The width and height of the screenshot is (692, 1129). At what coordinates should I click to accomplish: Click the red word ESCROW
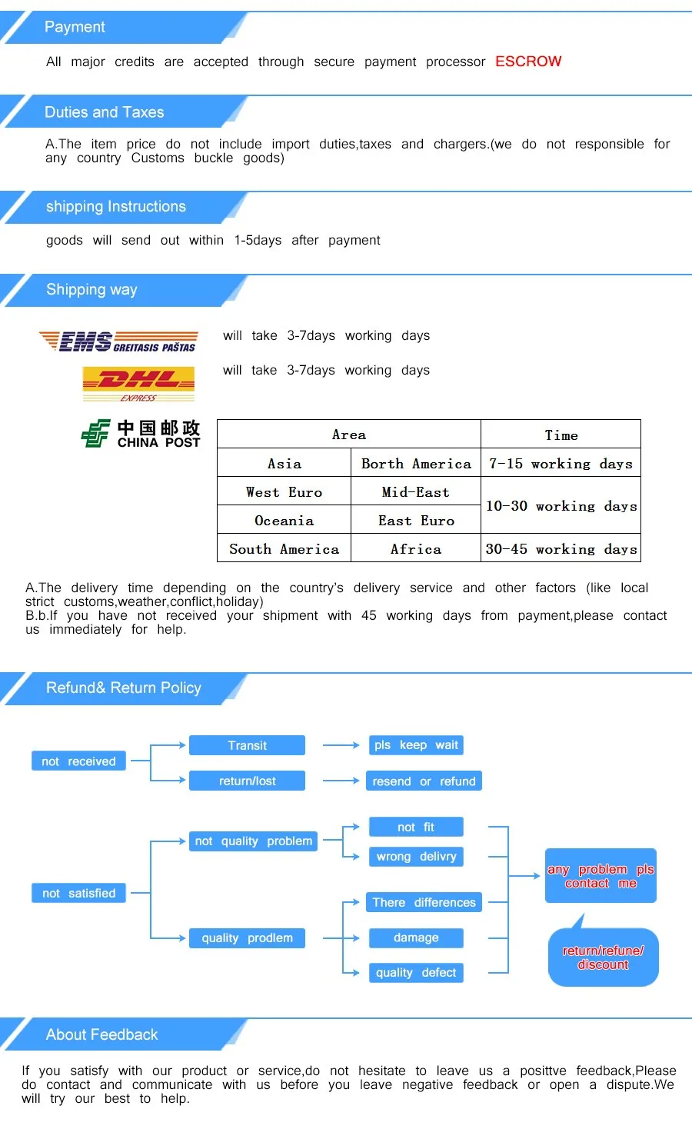click(x=528, y=62)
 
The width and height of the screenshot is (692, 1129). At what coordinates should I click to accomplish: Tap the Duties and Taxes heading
click(x=105, y=112)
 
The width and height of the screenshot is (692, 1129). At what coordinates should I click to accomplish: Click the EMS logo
click(x=118, y=341)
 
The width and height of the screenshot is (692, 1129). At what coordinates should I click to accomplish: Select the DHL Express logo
click(x=138, y=383)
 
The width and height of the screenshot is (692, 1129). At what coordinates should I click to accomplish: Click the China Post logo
click(x=141, y=434)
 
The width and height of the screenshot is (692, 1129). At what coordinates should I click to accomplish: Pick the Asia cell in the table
click(x=284, y=464)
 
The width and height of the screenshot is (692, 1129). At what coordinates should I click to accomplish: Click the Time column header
click(x=561, y=435)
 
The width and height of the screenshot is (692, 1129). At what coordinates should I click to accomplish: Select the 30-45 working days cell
click(x=561, y=549)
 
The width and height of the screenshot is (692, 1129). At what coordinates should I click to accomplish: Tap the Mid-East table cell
click(x=416, y=492)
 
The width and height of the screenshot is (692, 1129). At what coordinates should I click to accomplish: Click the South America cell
click(x=284, y=549)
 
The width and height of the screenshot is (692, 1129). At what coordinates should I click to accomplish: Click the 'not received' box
click(x=78, y=761)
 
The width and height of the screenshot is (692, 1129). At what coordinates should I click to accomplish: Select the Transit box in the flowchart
click(x=247, y=745)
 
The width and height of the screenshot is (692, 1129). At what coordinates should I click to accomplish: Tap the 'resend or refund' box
click(x=424, y=781)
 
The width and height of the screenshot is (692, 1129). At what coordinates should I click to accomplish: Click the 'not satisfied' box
click(x=78, y=893)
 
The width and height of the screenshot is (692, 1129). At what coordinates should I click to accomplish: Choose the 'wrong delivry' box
click(x=416, y=857)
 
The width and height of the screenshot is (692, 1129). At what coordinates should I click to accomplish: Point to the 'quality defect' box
click(x=416, y=973)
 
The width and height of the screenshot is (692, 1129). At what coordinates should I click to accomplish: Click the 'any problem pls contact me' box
click(x=601, y=876)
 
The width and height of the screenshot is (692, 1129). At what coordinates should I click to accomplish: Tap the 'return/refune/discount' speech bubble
click(x=603, y=957)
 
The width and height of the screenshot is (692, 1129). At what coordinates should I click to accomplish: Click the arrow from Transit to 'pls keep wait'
click(x=341, y=745)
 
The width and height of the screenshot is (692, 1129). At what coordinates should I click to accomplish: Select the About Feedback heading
click(x=101, y=1035)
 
